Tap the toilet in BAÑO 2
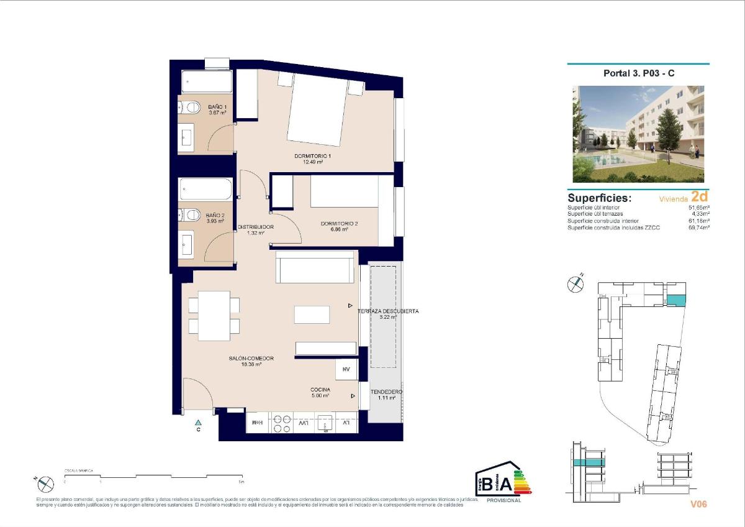[x=189, y=214]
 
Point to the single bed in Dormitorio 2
[x=344, y=192]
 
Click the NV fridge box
[x=346, y=370]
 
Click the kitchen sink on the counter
[x=325, y=423]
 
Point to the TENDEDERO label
[x=387, y=392]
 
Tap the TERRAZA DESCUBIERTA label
[x=388, y=311]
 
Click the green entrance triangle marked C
[x=198, y=423]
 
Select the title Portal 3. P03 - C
[x=639, y=73]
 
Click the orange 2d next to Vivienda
[x=699, y=197]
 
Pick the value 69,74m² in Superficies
[x=699, y=228]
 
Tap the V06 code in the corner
[x=698, y=504]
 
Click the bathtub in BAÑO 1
[x=207, y=81]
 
